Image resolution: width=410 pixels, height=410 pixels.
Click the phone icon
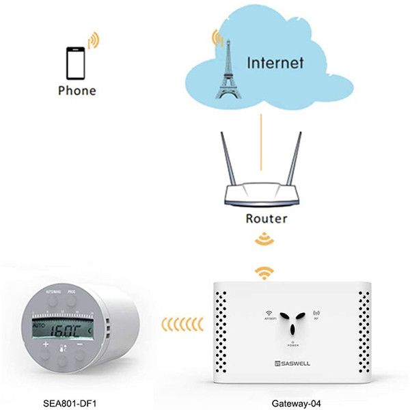(74, 63)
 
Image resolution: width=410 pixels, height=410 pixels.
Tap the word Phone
(77, 90)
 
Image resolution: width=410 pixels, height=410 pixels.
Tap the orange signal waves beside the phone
(93, 40)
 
